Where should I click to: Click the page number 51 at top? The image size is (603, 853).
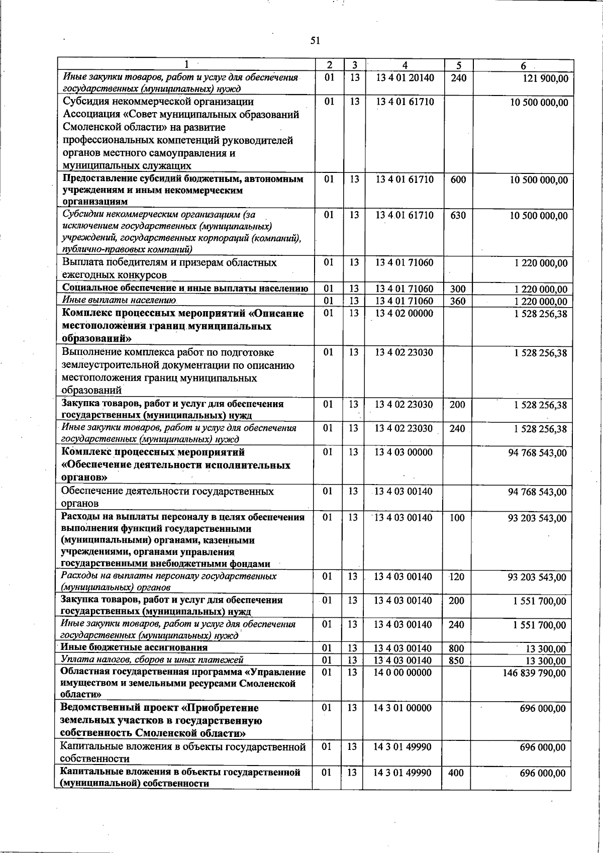315,41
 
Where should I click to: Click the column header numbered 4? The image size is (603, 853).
405,65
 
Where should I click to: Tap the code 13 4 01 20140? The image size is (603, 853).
405,77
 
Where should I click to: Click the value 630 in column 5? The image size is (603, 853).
458,215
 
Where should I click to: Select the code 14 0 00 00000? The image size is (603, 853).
403,672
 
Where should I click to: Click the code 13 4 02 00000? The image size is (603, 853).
404,313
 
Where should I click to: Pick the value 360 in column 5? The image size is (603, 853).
458,301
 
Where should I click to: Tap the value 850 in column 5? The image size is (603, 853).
456,660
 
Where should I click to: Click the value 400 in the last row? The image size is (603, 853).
456,773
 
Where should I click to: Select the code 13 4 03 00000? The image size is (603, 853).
404,452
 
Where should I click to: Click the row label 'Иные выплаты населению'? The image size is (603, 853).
119,301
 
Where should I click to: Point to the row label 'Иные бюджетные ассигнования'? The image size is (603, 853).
134,647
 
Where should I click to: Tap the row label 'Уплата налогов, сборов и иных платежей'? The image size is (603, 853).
152,660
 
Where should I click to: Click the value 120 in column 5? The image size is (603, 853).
457,577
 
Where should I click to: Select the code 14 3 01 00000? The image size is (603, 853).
403,708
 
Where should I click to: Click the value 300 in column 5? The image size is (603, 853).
458,289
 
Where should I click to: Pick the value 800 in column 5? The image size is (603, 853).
456,648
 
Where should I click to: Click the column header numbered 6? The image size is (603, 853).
523,66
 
